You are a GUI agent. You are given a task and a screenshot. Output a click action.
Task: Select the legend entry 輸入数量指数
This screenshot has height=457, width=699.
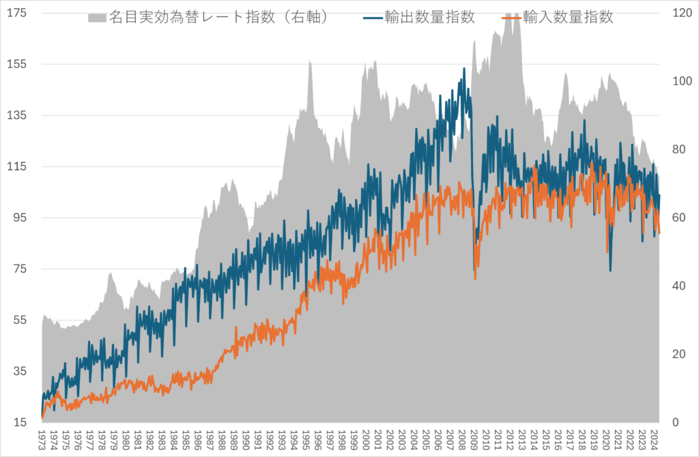click(x=568, y=17)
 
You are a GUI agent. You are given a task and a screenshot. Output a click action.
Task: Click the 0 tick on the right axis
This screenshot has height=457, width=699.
click(x=675, y=422)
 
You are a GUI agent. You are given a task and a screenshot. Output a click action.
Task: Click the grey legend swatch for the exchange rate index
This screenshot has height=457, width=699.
click(x=98, y=17)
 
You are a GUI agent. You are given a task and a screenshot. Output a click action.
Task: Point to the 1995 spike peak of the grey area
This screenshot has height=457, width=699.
click(x=310, y=61)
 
